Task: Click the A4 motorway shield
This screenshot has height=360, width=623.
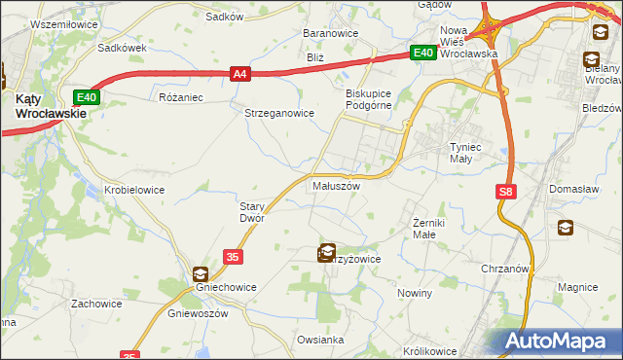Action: pos(240,73)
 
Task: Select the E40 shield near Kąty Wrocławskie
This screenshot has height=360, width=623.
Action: pos(86,96)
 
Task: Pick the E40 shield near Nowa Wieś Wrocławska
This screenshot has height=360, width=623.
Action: pos(421,54)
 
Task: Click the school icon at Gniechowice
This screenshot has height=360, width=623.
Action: pos(201,275)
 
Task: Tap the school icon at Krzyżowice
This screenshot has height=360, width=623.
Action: pos(328,253)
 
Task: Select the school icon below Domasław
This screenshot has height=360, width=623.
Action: pos(565,228)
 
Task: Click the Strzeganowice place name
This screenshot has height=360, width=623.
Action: pos(279,113)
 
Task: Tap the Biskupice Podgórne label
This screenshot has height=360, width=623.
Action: pos(368,99)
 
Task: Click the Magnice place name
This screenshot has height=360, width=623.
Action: pos(577,288)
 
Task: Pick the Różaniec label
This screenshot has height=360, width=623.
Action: pos(180,97)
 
